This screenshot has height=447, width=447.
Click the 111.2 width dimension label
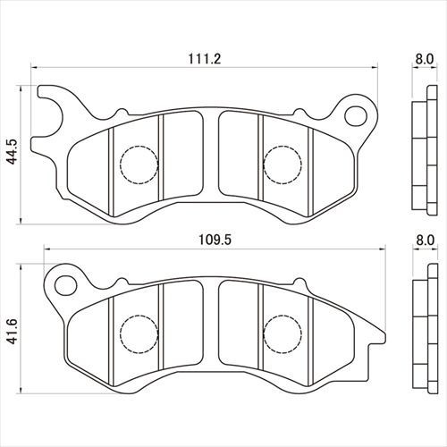pos(205,59)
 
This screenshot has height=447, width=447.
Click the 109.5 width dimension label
pos(215,240)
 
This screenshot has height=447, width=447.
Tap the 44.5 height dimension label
pos(13,151)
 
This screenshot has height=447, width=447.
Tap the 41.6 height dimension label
pos(13,331)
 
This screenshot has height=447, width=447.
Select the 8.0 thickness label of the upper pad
pos(425,59)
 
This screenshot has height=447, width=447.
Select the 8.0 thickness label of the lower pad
pos(426,240)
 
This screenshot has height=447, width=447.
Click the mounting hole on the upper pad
pos(356,116)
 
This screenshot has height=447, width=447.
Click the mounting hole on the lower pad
pos(65,285)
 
